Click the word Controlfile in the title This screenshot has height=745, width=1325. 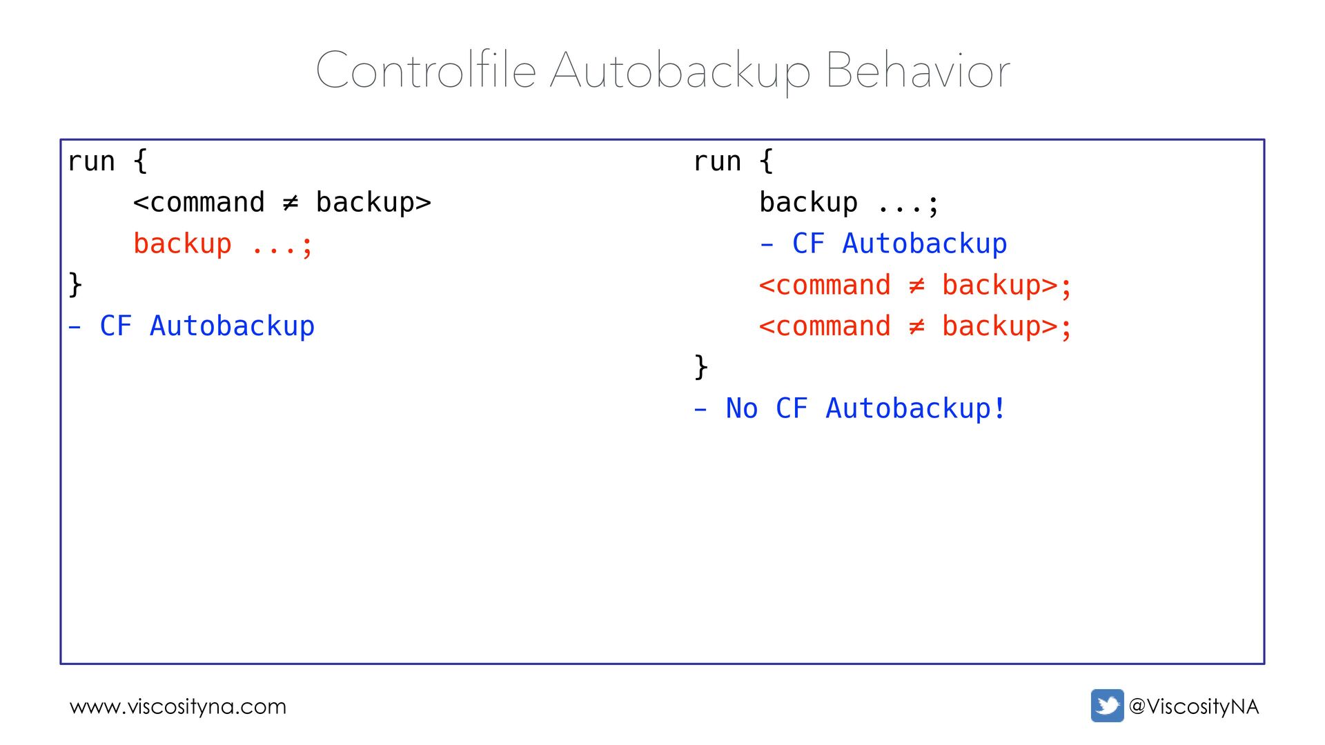click(426, 70)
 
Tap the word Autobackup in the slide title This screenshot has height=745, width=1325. click(680, 70)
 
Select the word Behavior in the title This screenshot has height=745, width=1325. click(918, 70)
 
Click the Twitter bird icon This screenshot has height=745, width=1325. click(1107, 706)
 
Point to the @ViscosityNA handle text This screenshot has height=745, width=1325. click(1194, 706)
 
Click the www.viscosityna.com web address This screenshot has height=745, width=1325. click(178, 706)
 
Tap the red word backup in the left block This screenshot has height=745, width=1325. click(182, 244)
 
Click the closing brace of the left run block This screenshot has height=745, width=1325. click(75, 284)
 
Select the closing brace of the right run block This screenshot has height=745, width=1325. click(701, 366)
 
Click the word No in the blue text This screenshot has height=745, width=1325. click(742, 408)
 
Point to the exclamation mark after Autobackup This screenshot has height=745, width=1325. click(999, 408)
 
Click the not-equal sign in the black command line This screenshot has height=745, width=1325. click(291, 203)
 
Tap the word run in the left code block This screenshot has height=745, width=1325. click(91, 161)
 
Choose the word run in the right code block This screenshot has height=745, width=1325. click(717, 161)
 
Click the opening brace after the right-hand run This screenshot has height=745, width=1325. click(766, 161)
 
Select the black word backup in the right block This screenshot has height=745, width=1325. click(808, 203)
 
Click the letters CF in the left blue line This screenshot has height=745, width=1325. click(116, 326)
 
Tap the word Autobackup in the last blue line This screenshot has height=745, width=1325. click(908, 408)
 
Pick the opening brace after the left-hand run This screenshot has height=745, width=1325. click(140, 161)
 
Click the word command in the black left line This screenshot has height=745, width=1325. click(207, 203)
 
